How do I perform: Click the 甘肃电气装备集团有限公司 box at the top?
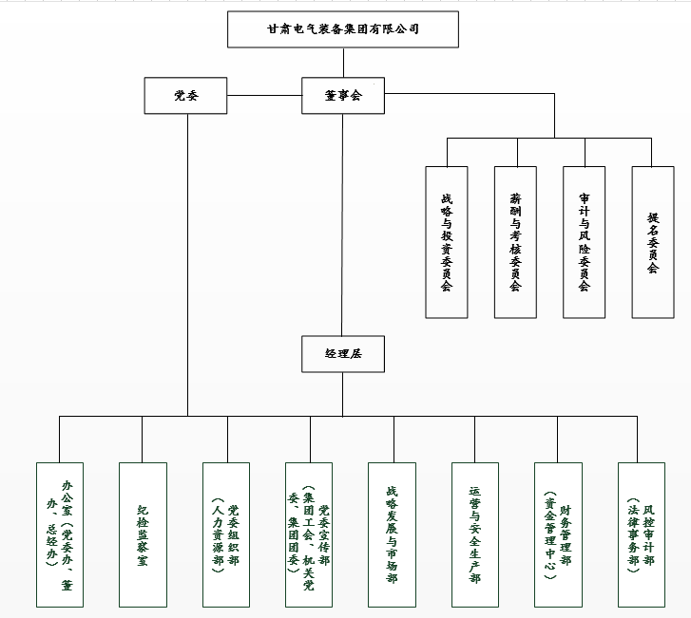coord(343,29)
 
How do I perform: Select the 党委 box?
coord(186,96)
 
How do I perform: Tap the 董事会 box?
coord(343,96)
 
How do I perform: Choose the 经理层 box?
coord(343,353)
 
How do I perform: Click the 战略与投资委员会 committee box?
coord(447,242)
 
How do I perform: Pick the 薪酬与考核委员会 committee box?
coord(515,242)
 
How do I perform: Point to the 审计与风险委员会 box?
coord(584,242)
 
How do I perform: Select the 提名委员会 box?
coord(653,242)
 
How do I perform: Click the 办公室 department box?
coord(59,534)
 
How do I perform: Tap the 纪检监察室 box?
coord(143,534)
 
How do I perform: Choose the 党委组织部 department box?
coord(226,534)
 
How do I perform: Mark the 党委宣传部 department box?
coord(309,534)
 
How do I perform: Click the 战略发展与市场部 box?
coord(392,534)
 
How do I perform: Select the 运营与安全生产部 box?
coord(474,534)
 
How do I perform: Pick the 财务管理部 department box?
coord(557,534)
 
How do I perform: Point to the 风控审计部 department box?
coord(641,534)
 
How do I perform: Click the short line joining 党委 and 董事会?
coord(264,95)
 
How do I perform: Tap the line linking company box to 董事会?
coord(343,62)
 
